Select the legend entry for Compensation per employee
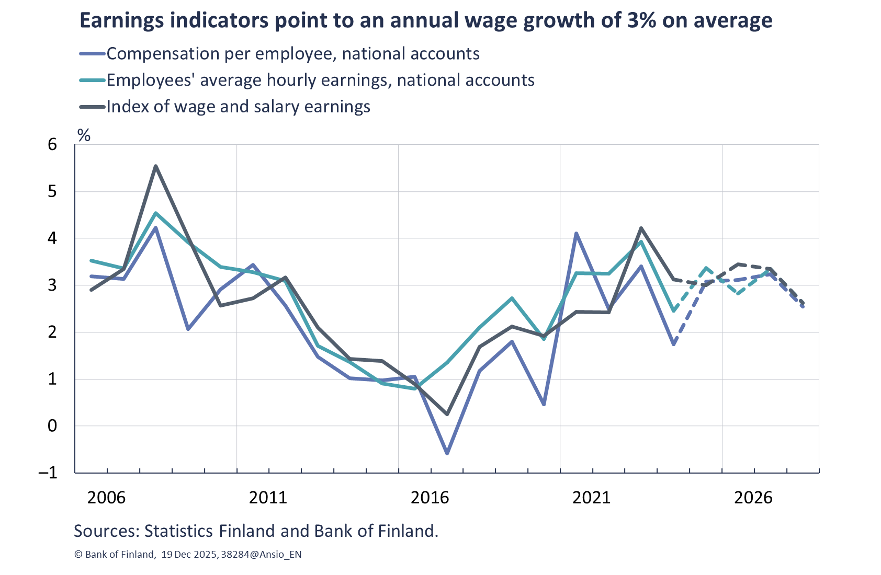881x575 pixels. coord(292,54)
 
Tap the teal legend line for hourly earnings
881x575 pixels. coord(93,80)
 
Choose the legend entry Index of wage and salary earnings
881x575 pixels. coord(238,107)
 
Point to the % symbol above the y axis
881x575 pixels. coord(84,135)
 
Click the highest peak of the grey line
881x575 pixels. coord(155,166)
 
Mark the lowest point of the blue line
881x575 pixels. coord(447,453)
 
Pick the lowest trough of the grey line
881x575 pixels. coord(447,415)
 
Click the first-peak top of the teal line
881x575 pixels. coord(155,213)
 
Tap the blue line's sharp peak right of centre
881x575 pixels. coord(576,233)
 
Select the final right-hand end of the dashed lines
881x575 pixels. coord(803,306)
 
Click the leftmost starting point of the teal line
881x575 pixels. coord(91,260)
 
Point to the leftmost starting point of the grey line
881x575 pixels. coord(91,290)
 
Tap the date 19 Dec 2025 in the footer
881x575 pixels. coord(189,555)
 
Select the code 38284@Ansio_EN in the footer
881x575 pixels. coord(261,555)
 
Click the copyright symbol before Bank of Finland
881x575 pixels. coord(78,555)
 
